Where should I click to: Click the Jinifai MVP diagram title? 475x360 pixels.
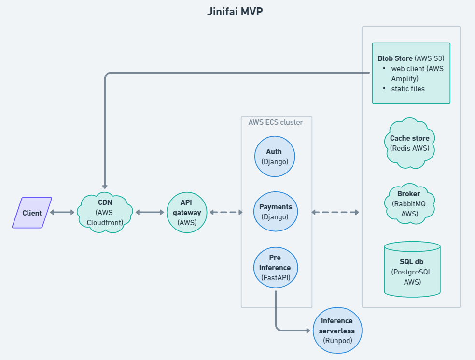coord(235,12)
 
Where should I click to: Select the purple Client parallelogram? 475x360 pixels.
coord(32,213)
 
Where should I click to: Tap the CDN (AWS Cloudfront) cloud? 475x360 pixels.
coord(105,212)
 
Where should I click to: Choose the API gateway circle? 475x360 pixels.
coord(187,212)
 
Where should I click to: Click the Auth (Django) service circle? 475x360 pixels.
coord(275,156)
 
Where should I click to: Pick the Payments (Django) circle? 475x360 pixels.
coord(275,211)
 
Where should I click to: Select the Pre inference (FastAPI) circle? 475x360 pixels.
coord(275,267)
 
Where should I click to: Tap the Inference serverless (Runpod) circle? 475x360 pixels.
coord(337,330)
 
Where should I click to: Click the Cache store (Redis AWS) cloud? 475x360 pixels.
coord(409,143)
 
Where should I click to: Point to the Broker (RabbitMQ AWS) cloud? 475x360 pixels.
coord(409,204)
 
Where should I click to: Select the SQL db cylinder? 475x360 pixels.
coord(412,269)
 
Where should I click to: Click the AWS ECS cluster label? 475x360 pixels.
coord(275,122)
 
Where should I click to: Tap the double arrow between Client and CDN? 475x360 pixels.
coord(62,212)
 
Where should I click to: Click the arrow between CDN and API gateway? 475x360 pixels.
coord(150,212)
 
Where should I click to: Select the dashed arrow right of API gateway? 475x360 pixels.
coord(226,212)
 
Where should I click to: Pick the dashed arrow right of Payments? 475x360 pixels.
coord(335,212)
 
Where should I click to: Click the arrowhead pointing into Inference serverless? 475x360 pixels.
coord(308,330)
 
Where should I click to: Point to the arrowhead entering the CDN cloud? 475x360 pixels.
coord(105,187)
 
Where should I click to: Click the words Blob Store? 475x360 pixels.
coord(395,58)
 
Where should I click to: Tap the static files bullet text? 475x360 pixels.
coord(408,89)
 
